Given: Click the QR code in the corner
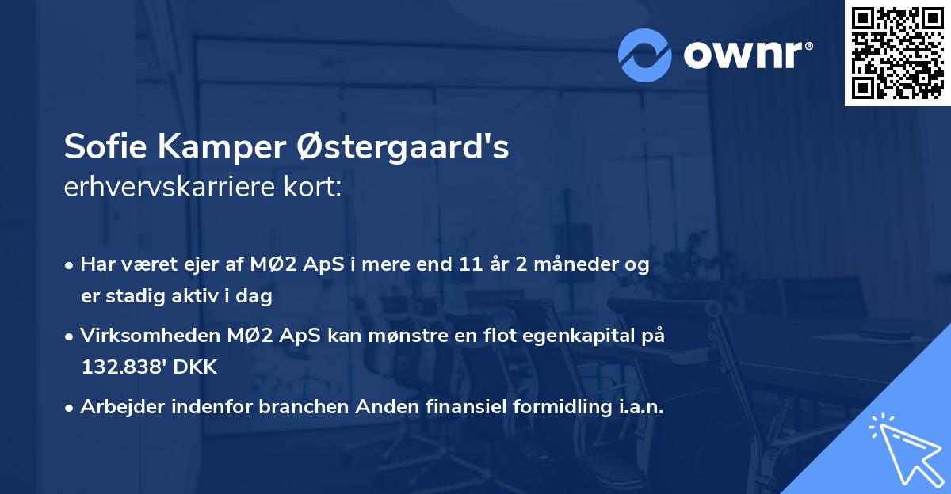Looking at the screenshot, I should click(x=897, y=52).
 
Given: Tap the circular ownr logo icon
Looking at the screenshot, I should click(x=644, y=55).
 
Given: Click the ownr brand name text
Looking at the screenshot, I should click(x=747, y=54).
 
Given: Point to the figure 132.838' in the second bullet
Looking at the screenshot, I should click(x=120, y=368).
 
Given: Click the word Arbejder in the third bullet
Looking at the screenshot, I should click(x=120, y=408).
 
